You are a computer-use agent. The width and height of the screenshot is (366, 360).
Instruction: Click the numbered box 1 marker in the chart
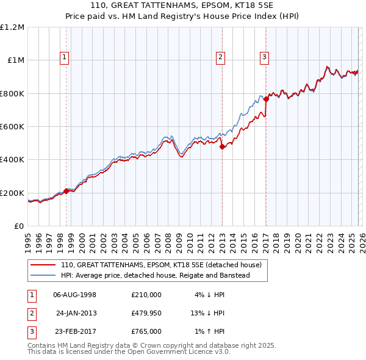pyautogui.click(x=64, y=58)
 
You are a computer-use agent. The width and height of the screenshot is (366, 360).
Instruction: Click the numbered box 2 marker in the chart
pyautogui.click(x=220, y=58)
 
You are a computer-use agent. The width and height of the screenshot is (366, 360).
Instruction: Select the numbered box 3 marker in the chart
pyautogui.click(x=264, y=58)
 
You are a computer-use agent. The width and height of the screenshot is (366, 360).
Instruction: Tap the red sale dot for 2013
pyautogui.click(x=222, y=146)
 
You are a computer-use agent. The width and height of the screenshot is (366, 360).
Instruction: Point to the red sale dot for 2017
pyautogui.click(x=266, y=99)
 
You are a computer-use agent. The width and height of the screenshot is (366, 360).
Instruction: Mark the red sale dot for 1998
pyautogui.click(x=66, y=191)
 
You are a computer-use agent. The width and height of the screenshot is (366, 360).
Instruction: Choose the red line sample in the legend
pyautogui.click(x=44, y=265)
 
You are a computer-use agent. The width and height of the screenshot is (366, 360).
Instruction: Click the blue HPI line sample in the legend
pyautogui.click(x=44, y=276)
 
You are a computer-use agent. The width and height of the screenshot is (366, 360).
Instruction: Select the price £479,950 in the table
pyautogui.click(x=146, y=314)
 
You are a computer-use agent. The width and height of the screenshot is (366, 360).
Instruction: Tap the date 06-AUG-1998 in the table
pyautogui.click(x=75, y=295)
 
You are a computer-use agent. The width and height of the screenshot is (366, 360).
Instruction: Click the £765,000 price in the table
pyautogui.click(x=146, y=333)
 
